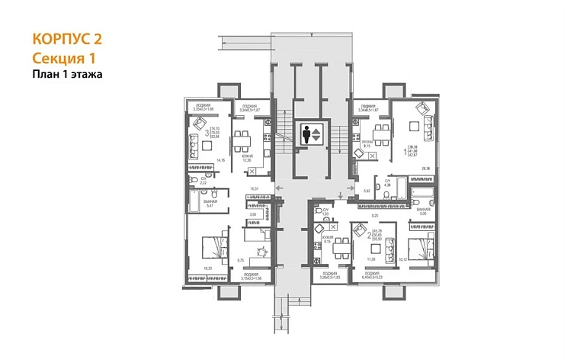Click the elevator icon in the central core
pos(312,134)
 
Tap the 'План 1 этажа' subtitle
pos(68,74)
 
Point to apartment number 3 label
pos(206,133)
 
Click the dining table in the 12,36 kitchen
pos(242,138)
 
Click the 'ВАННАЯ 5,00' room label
pos(423,211)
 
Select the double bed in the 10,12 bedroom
pos(418,249)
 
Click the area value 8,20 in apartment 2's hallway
pos(375,217)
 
